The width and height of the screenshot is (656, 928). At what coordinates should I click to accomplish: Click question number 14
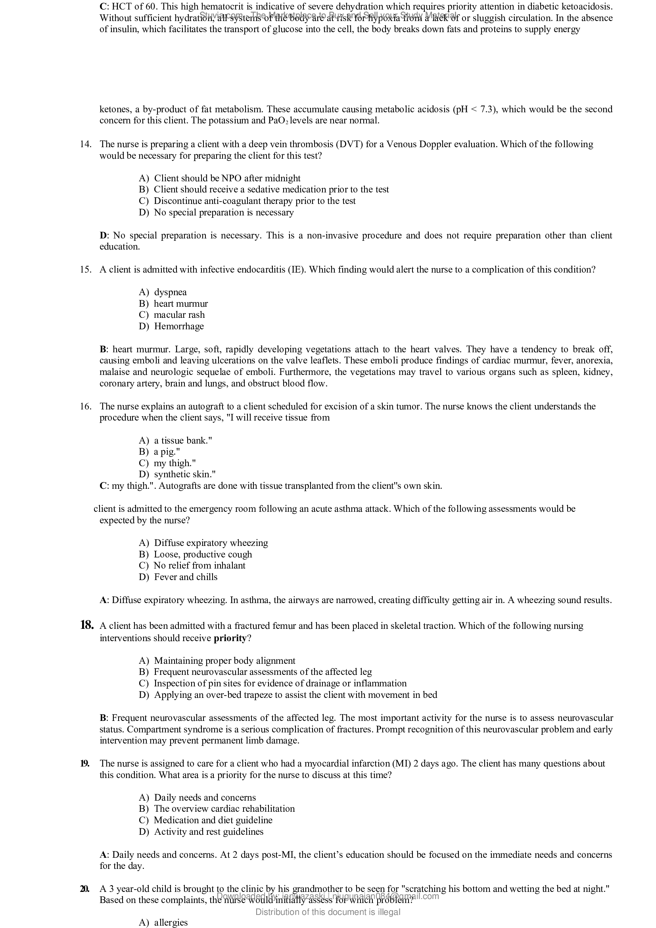coord(85,144)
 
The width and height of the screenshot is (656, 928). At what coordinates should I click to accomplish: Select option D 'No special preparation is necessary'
coord(223,213)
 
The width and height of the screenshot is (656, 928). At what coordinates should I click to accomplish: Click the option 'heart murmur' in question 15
coord(180,304)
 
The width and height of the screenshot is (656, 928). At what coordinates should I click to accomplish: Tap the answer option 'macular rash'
coord(179,315)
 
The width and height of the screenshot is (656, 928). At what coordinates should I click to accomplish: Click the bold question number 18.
coord(87,625)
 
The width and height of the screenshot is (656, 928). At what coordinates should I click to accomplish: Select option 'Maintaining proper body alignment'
coord(224,661)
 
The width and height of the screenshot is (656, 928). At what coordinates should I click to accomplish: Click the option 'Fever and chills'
coord(185,577)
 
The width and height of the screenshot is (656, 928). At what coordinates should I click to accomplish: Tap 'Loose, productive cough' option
coord(203,555)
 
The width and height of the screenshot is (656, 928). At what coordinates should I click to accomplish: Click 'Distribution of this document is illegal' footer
coord(328,912)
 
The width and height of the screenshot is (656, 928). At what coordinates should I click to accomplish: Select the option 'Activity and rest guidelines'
coord(209,832)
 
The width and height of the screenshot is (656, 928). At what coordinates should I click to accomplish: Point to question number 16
coord(85,406)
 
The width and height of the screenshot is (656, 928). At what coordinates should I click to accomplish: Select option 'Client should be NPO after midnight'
coord(227,179)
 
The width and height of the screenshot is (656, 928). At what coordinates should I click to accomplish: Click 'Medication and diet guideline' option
coord(213,820)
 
